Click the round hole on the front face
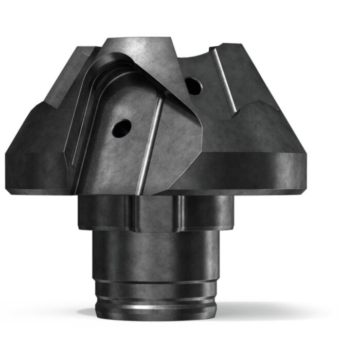[x=122, y=128]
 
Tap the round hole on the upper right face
[x=193, y=86]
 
